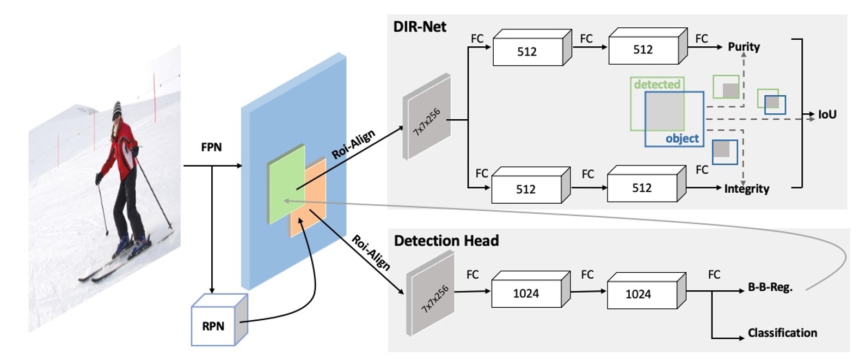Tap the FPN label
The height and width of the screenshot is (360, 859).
pos(211,147)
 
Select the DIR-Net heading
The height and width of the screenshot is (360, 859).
pos(420,27)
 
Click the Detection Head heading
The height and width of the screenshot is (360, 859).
pos(446,241)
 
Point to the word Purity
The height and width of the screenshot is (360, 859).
pos(744,47)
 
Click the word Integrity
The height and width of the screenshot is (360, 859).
pos(746,189)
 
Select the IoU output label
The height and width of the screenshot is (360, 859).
pos(827,114)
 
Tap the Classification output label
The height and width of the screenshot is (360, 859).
pos(782,333)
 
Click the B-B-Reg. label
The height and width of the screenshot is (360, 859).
pos(770,288)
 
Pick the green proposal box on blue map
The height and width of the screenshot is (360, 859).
pos(285,185)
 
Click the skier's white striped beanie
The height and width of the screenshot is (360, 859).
pos(117,111)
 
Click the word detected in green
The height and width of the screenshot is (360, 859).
pos(657,84)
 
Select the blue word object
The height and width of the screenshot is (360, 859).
pos(682,139)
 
